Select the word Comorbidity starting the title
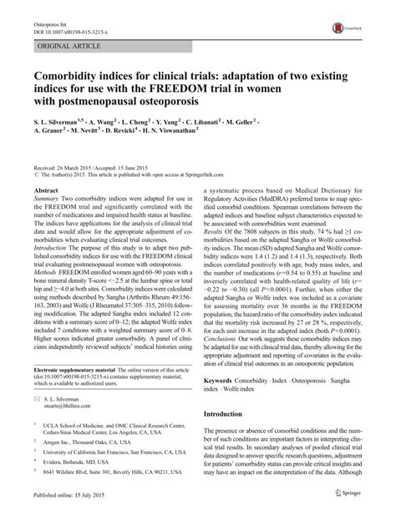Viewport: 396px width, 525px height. tap(71, 65)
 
